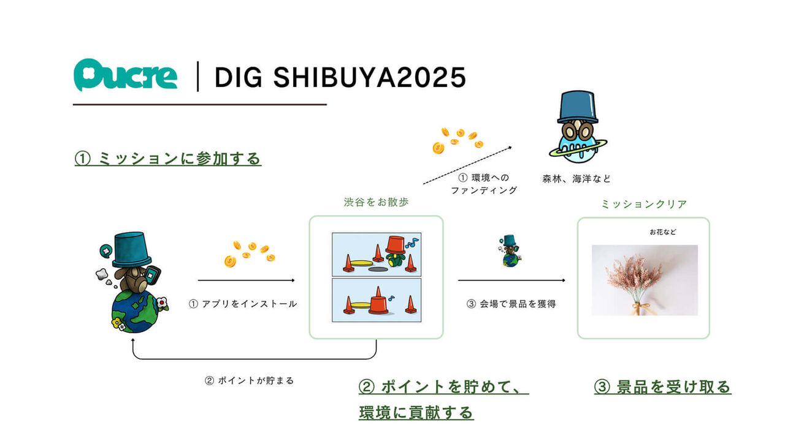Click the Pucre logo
(x=126, y=76)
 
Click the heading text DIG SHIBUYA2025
(x=340, y=78)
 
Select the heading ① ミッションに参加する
(x=168, y=159)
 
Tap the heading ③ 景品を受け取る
(x=662, y=387)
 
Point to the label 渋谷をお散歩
(x=376, y=202)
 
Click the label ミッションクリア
(x=643, y=204)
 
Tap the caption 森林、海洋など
(x=576, y=179)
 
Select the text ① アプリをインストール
(x=243, y=303)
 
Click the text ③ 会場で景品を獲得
(x=511, y=303)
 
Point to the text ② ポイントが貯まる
(x=249, y=380)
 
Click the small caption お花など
(x=663, y=232)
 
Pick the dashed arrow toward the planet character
(x=467, y=165)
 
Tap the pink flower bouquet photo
(x=645, y=280)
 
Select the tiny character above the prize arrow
(x=510, y=251)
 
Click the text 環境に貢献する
(x=416, y=413)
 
